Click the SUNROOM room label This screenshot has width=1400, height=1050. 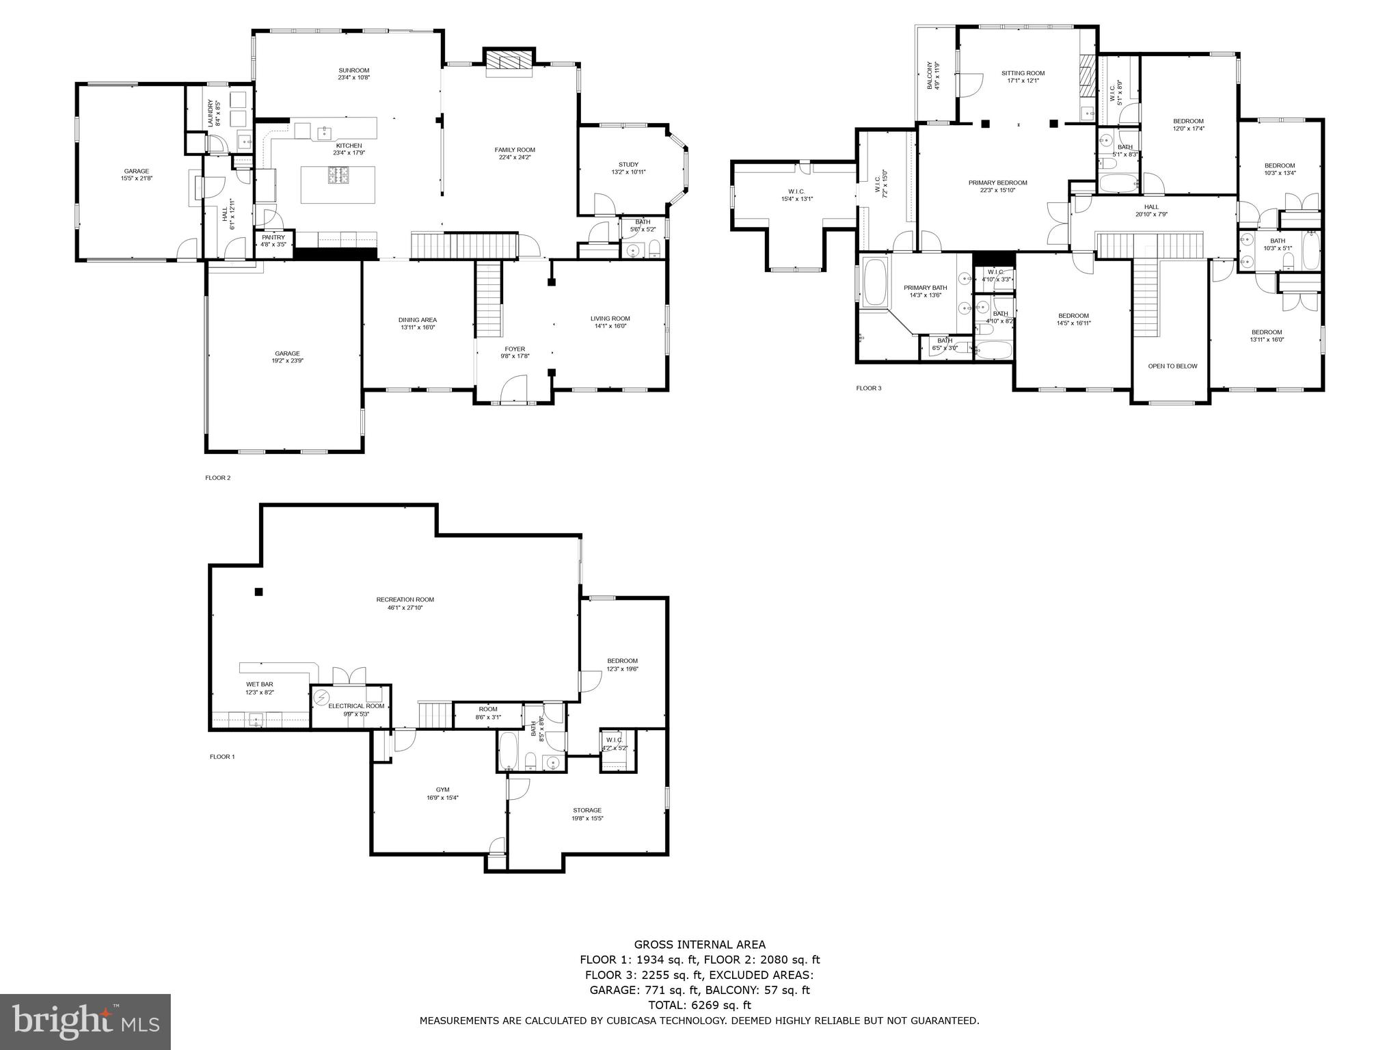(x=353, y=70)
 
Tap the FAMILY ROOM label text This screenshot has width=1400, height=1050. (x=515, y=150)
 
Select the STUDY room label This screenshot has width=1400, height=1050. (x=628, y=165)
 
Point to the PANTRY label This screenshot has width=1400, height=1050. (x=273, y=237)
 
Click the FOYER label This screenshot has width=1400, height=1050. (x=515, y=349)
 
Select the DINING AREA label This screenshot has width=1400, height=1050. (x=418, y=320)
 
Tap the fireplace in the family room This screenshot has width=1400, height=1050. (x=508, y=62)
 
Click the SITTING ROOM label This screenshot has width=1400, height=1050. (x=1023, y=73)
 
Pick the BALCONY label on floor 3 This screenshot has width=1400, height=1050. (x=930, y=76)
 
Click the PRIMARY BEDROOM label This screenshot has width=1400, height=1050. (x=997, y=183)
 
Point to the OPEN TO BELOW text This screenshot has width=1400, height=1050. (x=1172, y=366)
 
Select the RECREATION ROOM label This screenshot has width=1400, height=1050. (x=405, y=600)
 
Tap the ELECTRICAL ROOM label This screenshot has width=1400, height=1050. (x=356, y=706)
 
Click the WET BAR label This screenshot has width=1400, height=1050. (x=260, y=684)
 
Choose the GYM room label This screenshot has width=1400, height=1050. (x=442, y=790)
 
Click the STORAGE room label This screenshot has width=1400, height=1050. (x=587, y=810)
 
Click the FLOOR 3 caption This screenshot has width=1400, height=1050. (x=869, y=388)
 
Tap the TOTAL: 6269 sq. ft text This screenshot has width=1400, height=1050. (x=699, y=1005)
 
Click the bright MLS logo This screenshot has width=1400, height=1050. (x=85, y=1021)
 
